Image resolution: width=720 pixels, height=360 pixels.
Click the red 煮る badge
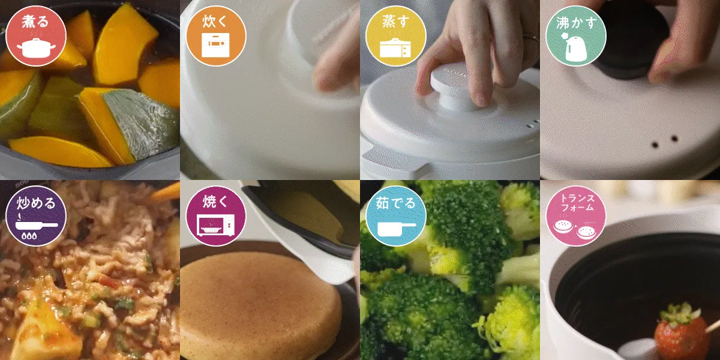tap(36, 36)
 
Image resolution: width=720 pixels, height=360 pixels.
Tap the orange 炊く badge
tap(216, 36)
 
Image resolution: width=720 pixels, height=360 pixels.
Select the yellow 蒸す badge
tap(396, 36)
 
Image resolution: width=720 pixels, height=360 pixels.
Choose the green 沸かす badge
tap(576, 36)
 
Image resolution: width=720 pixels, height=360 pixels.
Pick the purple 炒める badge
tap(36, 216)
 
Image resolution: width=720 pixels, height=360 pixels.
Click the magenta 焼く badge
tap(216, 216)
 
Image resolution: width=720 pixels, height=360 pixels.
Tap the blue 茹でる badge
tap(396, 216)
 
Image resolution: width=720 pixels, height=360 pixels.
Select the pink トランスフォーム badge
tap(576, 216)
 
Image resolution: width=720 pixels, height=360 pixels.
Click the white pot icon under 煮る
tap(36, 48)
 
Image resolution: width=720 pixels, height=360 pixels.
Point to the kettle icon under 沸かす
tap(575, 47)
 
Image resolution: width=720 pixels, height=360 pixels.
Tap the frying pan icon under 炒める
tap(37, 225)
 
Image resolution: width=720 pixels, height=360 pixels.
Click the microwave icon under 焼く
tap(216, 225)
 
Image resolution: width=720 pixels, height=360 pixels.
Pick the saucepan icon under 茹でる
tap(396, 229)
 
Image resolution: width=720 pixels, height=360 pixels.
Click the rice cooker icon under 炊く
tap(215, 45)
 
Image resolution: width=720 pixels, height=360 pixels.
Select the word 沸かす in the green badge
tap(576, 23)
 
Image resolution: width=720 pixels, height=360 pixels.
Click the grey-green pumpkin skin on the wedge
tap(142, 124)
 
